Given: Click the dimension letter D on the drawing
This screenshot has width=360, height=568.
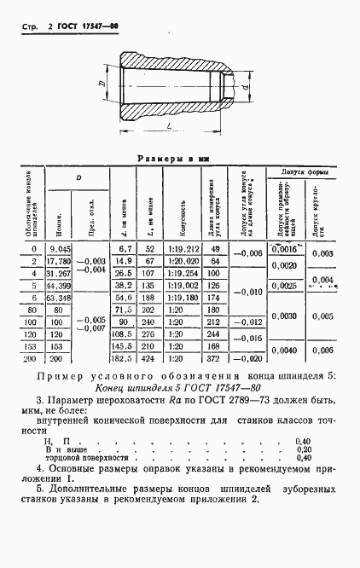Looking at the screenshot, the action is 101,84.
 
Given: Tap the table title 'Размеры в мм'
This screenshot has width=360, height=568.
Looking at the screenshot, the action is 181,159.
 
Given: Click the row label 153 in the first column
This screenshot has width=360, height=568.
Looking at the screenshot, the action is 32,349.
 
